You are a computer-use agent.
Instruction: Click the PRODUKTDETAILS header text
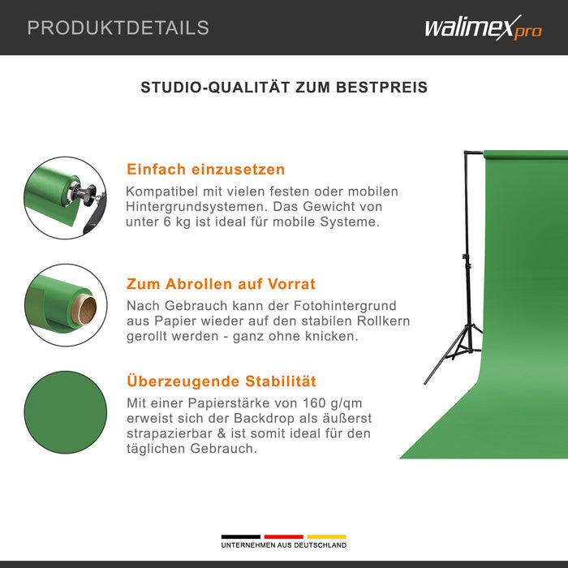(x=118, y=28)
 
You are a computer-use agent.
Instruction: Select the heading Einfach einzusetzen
(x=205, y=170)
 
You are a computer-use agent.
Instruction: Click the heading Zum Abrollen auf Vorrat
(x=221, y=284)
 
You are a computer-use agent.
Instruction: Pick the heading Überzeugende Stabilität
(x=221, y=381)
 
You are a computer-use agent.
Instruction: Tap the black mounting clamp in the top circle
(x=85, y=195)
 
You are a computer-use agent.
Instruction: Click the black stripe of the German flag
(x=241, y=536)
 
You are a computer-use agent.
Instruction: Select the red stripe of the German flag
(x=283, y=536)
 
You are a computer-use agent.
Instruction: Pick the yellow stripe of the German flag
(x=326, y=536)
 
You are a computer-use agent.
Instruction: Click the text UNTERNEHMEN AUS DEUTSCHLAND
(x=283, y=545)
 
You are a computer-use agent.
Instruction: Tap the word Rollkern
(x=381, y=321)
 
